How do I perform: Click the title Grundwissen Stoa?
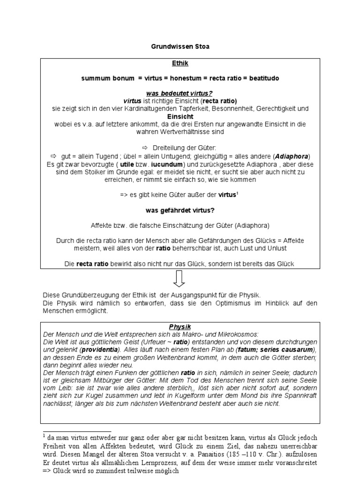pyautogui.click(x=180, y=47)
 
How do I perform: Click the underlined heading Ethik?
pyautogui.click(x=180, y=62)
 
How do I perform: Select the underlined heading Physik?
pyautogui.click(x=180, y=326)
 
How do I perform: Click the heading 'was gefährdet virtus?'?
pyautogui.click(x=180, y=210)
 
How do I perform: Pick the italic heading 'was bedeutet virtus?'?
pyautogui.click(x=180, y=94)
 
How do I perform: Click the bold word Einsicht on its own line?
pyautogui.click(x=180, y=116)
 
